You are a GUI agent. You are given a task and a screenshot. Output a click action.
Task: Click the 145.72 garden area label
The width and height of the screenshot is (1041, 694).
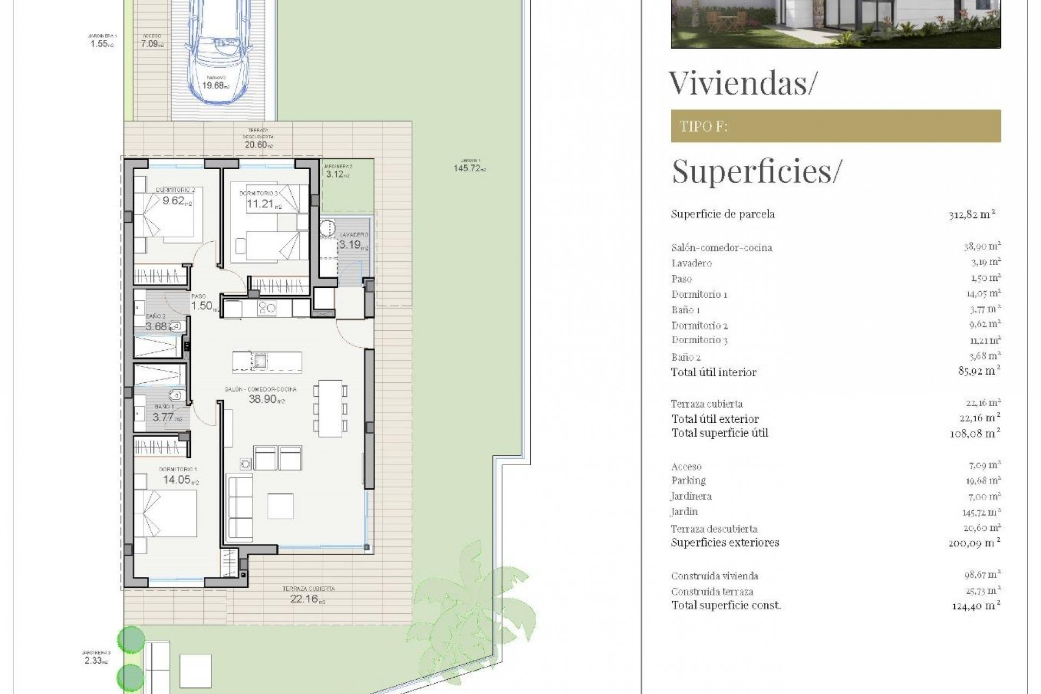point(469,169)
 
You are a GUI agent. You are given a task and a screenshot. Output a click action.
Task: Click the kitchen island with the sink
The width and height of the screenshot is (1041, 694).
point(267,361)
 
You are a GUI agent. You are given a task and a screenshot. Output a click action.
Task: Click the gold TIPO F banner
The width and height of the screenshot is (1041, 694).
point(836,126)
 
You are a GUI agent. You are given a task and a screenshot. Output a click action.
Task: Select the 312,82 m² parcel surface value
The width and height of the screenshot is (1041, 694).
point(972,214)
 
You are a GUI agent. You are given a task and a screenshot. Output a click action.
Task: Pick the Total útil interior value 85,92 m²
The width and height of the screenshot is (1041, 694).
point(979,371)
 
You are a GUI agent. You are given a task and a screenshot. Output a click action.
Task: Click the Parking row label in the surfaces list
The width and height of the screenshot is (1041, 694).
point(688,480)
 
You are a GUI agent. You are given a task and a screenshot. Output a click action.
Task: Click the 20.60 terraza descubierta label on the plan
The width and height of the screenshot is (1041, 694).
point(258,145)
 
